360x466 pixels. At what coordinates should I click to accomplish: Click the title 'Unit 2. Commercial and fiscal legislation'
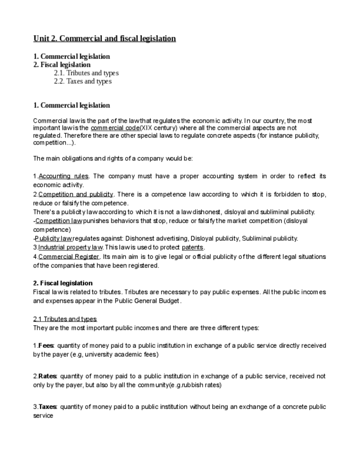coord(104,38)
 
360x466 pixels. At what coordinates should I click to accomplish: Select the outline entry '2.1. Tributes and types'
coord(86,73)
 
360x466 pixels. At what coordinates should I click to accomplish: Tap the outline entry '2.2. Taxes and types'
coord(82,81)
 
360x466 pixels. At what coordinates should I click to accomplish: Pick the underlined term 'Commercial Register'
coord(69,257)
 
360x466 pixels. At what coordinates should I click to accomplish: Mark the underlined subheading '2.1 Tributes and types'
coord(65,319)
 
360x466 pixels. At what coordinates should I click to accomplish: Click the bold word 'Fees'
coord(47,346)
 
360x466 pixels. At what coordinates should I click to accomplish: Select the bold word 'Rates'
coord(48,376)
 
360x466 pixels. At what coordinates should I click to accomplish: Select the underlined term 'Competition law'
coord(58,221)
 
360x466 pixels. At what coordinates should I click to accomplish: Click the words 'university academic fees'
coord(124,354)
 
